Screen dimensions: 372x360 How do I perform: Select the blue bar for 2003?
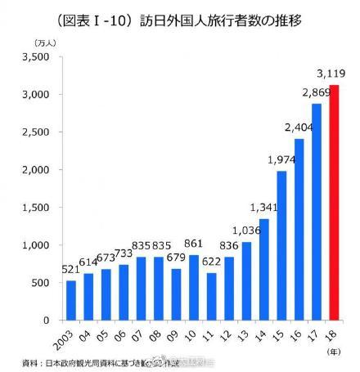(71, 299)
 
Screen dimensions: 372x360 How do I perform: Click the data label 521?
(70, 269)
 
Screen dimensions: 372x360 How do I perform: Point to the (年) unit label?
(334, 350)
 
